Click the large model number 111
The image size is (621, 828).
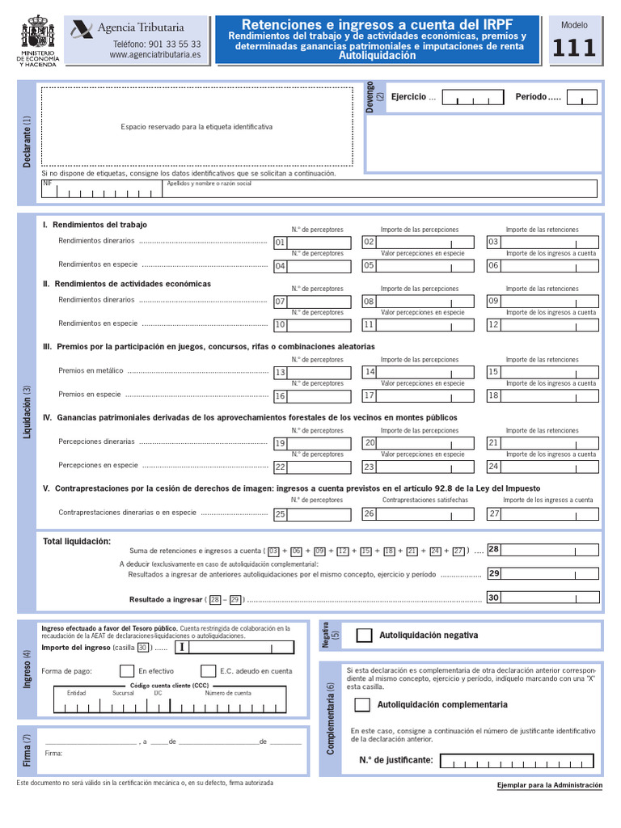click(574, 49)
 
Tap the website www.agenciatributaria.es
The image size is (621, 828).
click(155, 55)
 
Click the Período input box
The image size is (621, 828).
click(581, 98)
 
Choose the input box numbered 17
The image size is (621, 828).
click(425, 396)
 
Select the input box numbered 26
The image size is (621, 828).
click(425, 513)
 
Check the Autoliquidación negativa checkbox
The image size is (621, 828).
click(365, 636)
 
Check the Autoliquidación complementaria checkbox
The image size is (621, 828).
click(363, 705)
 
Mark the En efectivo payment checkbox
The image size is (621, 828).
click(127, 671)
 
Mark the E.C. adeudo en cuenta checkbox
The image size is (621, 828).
click(208, 671)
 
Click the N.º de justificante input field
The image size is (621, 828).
click(517, 761)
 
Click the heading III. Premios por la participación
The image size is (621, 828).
click(209, 347)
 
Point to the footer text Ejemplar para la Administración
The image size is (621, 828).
click(550, 785)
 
